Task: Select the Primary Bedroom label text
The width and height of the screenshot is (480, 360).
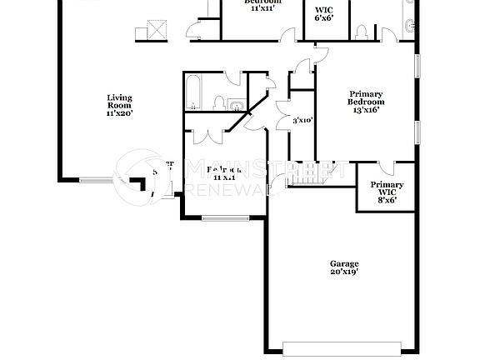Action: tap(366, 97)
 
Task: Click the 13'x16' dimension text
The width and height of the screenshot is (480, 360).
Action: tap(366, 109)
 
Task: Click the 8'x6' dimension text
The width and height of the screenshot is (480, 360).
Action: tap(387, 200)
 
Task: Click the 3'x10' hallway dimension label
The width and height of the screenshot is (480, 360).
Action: tap(302, 121)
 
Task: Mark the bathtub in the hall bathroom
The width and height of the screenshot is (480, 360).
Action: tap(193, 93)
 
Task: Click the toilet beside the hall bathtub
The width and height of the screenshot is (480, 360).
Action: tap(218, 104)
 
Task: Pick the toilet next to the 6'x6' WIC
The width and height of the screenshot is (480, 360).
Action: tap(361, 32)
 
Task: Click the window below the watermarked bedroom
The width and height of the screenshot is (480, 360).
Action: tap(225, 218)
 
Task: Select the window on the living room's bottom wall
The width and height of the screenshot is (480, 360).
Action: tap(97, 178)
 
